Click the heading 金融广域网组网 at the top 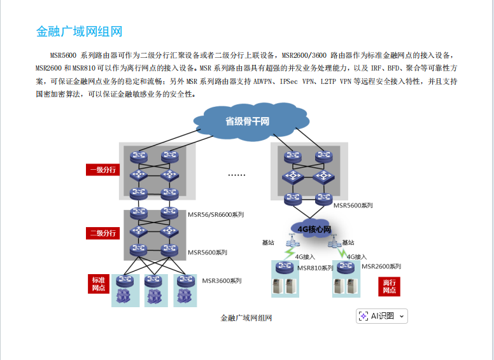click(79, 31)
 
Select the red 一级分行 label click(102, 170)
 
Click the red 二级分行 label click(102, 233)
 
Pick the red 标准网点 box click(98, 284)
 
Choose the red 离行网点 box click(389, 286)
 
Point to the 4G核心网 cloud click(314, 228)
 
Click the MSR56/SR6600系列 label click(215, 215)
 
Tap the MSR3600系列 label click(222, 280)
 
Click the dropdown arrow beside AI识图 click(402, 316)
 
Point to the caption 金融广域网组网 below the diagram click(246, 317)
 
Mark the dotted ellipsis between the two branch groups click(236, 174)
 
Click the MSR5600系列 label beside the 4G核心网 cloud click(353, 205)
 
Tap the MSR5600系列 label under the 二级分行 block click(207, 253)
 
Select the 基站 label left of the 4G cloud click(269, 242)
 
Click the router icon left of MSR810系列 click(285, 267)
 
